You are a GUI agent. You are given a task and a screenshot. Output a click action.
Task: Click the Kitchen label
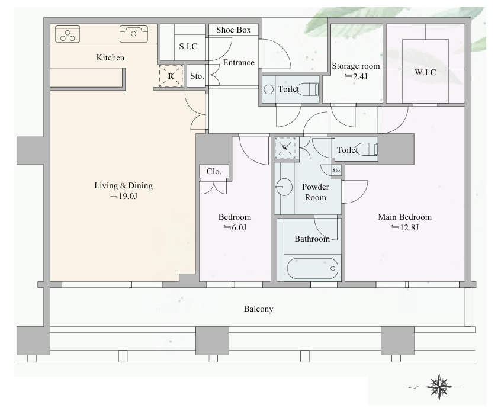point(110,57)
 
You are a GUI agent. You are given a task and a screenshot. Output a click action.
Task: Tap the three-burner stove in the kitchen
point(68,34)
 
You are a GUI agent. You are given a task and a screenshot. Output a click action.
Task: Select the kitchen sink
point(134,34)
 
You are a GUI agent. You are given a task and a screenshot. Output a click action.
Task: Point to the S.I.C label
point(188,47)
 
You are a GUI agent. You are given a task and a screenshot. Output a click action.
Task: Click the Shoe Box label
point(233,30)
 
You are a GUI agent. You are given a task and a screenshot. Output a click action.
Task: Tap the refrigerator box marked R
point(171,76)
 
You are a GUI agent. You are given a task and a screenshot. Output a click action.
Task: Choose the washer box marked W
point(285,147)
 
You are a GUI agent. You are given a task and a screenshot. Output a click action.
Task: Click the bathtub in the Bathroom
point(313,268)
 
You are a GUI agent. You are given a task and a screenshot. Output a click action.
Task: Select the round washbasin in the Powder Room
point(284,187)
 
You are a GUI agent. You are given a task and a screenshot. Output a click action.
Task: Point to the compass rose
point(439,387)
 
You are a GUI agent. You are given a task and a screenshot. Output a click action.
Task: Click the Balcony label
point(258,309)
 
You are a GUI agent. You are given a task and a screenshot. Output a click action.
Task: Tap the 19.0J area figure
point(124,196)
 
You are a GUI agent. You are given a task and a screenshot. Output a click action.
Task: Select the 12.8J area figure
point(405,227)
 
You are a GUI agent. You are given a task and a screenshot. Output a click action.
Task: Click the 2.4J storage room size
point(357,76)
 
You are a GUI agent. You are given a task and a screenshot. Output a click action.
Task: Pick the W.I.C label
point(425,73)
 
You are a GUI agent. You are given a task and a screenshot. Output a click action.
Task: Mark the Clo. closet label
point(214,172)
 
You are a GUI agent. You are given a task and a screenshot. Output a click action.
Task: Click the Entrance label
point(239,62)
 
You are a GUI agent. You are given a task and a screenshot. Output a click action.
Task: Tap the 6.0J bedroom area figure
point(235,227)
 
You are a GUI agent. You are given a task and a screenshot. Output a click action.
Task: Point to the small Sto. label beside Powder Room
point(336,170)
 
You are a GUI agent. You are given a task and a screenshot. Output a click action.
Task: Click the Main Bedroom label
point(405,217)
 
